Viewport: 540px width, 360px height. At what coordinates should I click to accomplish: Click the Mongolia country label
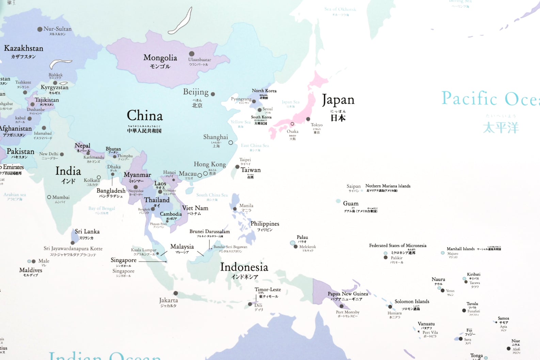[x=160, y=58]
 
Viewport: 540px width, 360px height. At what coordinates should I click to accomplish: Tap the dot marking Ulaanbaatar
[x=192, y=53]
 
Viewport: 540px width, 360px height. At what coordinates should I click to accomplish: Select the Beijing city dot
[x=213, y=94]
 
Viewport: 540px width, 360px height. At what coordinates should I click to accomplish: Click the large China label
[x=145, y=116]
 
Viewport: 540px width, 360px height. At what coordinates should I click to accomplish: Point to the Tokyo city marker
[x=308, y=119]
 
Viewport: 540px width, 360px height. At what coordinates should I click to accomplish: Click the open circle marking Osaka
[x=292, y=124]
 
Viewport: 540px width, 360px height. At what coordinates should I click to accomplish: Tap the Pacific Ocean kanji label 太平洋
[x=501, y=128]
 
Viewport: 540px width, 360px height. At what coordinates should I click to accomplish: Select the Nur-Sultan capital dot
[x=40, y=29]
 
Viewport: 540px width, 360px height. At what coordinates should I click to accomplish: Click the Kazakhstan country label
[x=23, y=48]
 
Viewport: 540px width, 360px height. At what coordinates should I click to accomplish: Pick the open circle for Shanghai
[x=231, y=143]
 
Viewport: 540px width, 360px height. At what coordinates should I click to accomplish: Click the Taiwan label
[x=251, y=170]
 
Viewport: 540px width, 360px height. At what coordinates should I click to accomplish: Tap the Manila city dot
[x=235, y=209]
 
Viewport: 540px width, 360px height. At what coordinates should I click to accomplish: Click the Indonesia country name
[x=244, y=267]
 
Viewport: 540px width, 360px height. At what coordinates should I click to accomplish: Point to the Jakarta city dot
[x=176, y=293]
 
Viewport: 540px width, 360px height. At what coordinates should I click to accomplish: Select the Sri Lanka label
[x=87, y=232]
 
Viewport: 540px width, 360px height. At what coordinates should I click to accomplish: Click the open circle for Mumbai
[x=49, y=197]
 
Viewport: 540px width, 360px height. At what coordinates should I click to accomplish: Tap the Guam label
[x=351, y=203]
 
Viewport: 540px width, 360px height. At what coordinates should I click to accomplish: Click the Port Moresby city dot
[x=342, y=306]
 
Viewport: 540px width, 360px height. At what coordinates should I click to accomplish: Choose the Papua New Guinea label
[x=348, y=294]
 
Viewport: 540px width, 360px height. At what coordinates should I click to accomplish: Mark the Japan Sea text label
[x=290, y=102]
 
